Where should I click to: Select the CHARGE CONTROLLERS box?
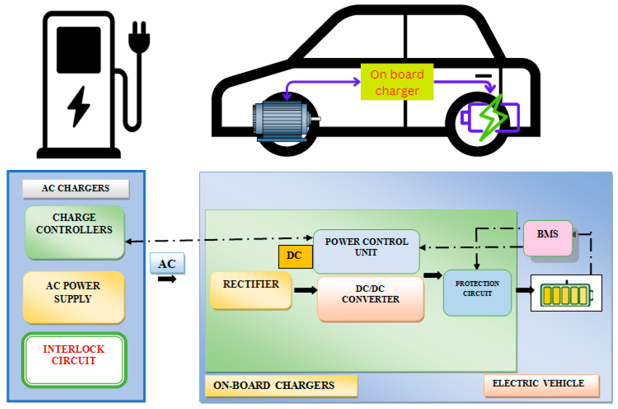[75, 232]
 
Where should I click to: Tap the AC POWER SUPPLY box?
[73, 297]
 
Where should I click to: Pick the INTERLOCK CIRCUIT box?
[74, 360]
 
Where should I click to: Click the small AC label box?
[167, 263]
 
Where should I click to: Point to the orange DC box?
[295, 256]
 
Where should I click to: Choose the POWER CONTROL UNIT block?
[366, 251]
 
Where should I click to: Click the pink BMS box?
[547, 238]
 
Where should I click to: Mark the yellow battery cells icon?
[566, 295]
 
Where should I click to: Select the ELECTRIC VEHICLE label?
[541, 385]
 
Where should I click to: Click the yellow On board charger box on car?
[397, 82]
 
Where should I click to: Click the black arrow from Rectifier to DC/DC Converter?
[305, 290]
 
